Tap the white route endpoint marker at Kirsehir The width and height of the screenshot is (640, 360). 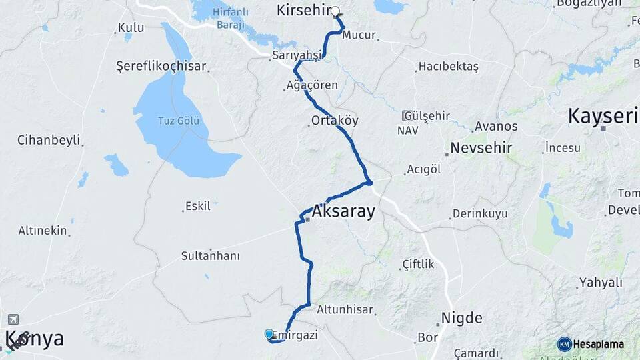point(335,11)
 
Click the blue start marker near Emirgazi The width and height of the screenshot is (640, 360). point(269,334)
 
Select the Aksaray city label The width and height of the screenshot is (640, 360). point(343,212)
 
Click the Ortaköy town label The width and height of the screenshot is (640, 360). point(335,121)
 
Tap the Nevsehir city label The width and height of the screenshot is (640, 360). point(481,147)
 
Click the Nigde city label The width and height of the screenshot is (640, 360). point(462,318)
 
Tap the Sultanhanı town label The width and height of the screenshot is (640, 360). point(211,256)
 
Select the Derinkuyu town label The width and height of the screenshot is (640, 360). point(480,214)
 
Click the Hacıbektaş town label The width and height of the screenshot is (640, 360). point(448,67)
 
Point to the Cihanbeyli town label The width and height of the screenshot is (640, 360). point(49,141)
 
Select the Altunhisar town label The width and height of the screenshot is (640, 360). point(345,310)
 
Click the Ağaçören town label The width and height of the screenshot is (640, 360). point(312,85)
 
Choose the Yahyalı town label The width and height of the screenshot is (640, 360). point(601,283)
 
